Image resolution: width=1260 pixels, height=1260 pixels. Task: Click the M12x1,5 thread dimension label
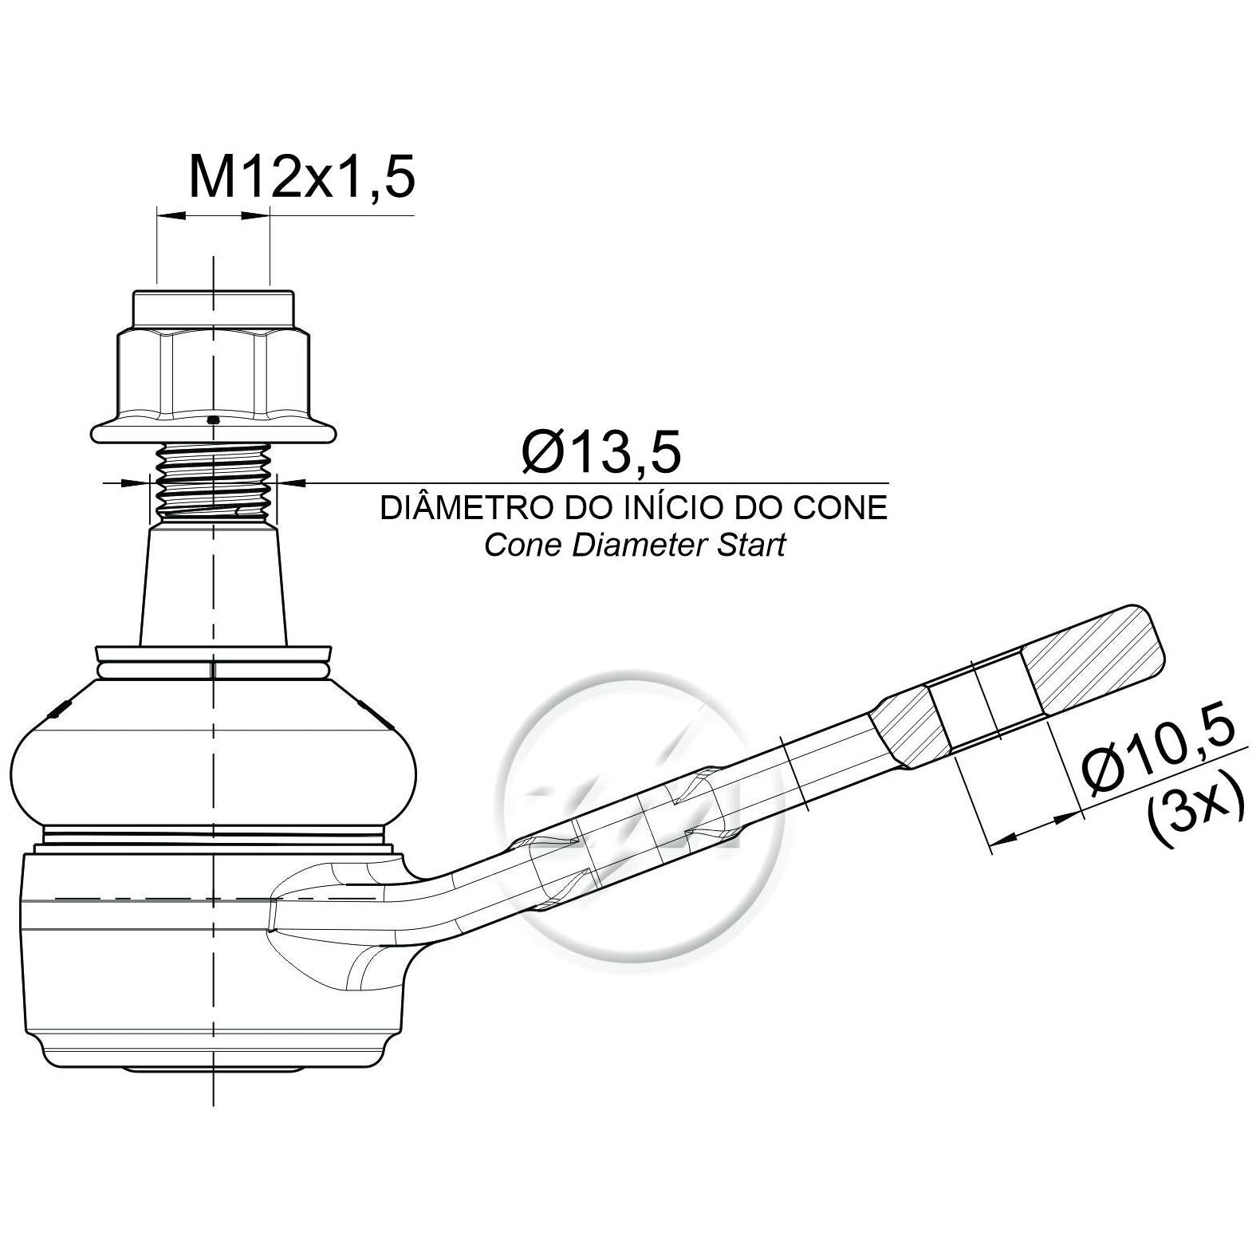click(x=301, y=176)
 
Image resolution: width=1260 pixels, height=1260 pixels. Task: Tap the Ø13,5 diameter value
click(x=602, y=451)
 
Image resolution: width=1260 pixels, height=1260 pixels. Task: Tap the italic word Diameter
click(x=634, y=545)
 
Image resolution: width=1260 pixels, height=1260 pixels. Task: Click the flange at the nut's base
click(x=214, y=431)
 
